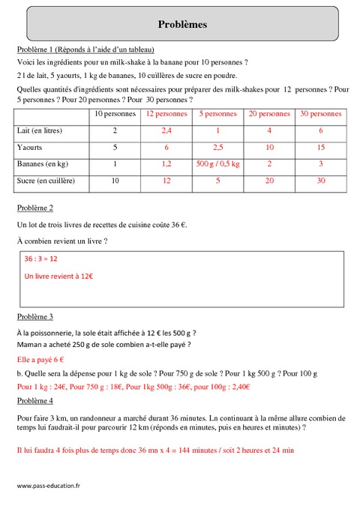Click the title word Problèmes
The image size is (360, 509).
[x=183, y=25]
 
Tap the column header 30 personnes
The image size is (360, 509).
[x=321, y=114]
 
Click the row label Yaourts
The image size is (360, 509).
[x=31, y=147]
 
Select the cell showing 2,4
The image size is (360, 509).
[x=166, y=130]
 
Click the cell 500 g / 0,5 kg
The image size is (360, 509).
[x=217, y=163]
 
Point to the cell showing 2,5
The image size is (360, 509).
[x=217, y=147]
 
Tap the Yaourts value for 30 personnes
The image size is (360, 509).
[x=321, y=147]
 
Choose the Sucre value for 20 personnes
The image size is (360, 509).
[x=269, y=181]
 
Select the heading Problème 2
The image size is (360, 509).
[x=34, y=206]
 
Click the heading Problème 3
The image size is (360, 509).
[x=34, y=317]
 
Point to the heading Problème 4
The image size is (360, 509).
[x=34, y=401]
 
